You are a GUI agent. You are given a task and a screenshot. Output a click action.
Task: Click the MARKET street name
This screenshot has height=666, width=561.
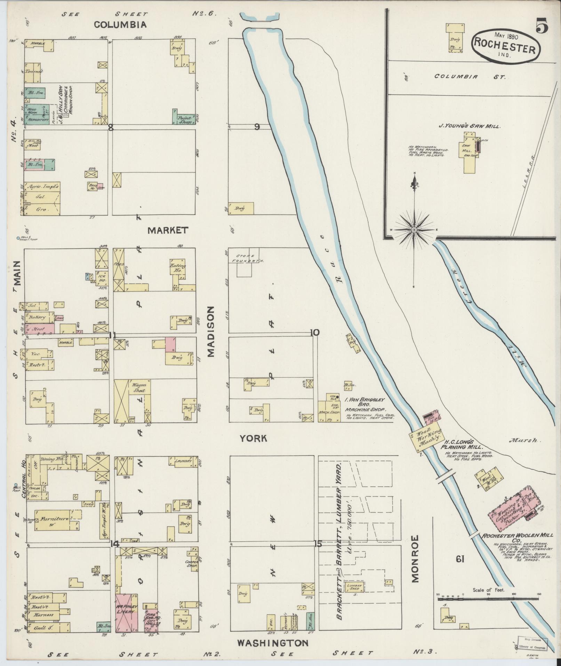pyautogui.click(x=168, y=230)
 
